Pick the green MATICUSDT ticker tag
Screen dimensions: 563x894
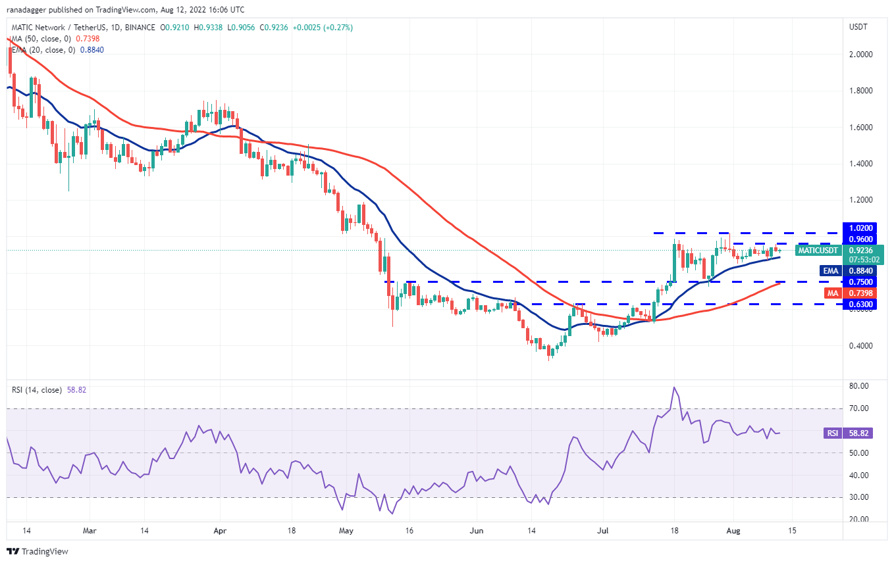(x=818, y=251)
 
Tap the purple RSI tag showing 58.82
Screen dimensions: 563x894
(x=832, y=433)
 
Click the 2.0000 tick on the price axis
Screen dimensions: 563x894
(x=860, y=54)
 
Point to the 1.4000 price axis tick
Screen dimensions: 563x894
(x=860, y=163)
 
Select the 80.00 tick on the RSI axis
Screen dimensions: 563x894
(x=858, y=386)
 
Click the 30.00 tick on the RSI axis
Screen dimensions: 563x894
(x=858, y=497)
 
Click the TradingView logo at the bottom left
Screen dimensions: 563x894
(x=38, y=551)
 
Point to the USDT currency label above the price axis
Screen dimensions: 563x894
(x=859, y=27)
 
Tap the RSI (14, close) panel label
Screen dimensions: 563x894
(x=36, y=390)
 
